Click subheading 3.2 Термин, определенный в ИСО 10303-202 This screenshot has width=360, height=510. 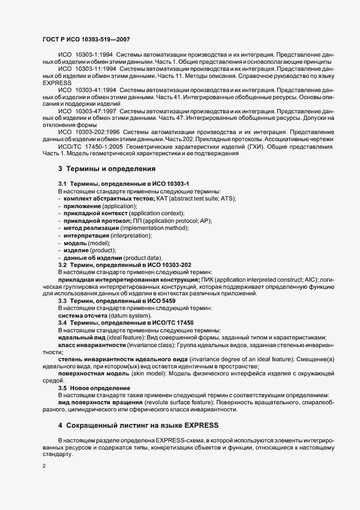pyautogui.click(x=125, y=265)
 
